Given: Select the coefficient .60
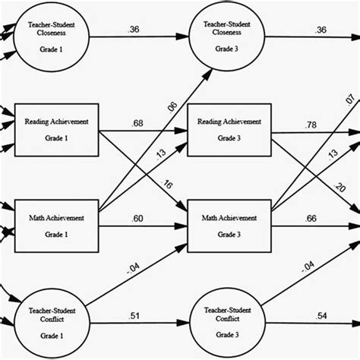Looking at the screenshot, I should tap(137, 218).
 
